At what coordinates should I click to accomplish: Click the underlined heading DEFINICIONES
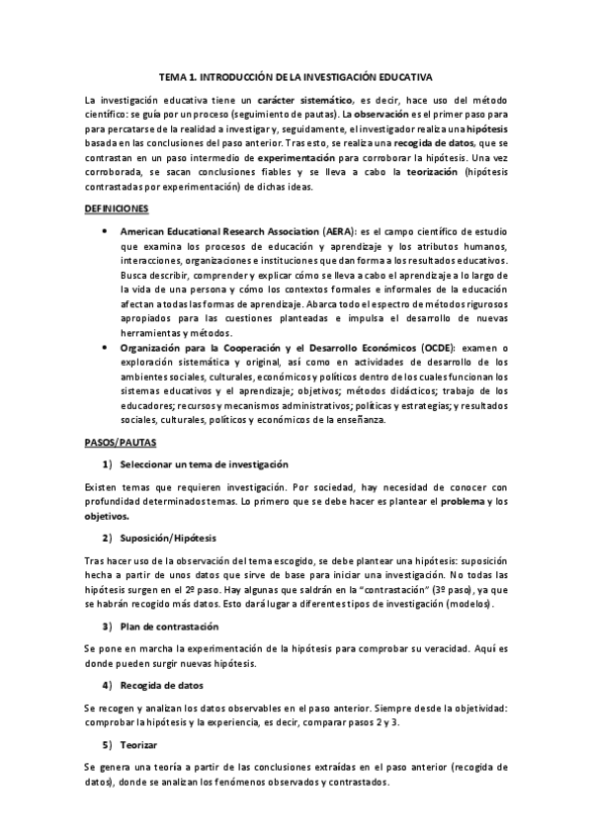click(x=117, y=209)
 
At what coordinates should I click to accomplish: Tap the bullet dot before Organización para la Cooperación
click(x=106, y=348)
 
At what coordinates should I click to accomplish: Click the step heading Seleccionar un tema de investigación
click(x=204, y=463)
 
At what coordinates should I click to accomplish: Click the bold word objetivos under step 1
click(x=107, y=516)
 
